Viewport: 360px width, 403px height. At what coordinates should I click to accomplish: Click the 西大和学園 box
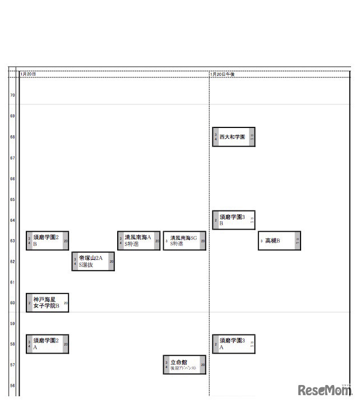234,137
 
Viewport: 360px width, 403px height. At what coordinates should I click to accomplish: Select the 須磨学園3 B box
234,220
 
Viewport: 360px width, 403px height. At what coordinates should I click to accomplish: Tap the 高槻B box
279,241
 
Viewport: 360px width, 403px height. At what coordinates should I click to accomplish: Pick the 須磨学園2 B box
47,241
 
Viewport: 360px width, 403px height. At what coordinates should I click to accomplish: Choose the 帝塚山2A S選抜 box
93,262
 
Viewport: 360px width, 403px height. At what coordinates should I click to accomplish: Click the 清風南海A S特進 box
139,241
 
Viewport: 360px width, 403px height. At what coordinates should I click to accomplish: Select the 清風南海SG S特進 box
184,241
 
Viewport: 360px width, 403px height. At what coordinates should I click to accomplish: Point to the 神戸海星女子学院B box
47,303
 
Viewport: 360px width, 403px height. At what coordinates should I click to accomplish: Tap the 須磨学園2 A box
47,344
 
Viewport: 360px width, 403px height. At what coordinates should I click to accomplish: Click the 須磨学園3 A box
234,344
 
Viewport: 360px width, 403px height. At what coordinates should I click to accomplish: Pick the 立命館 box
184,365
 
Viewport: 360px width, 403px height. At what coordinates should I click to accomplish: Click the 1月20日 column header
28,74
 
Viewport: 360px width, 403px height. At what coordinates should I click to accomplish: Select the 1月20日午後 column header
222,74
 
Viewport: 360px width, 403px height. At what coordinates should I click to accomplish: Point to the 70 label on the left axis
12,95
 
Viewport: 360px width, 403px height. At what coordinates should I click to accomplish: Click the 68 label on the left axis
12,137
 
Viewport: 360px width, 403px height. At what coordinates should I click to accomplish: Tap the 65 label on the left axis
12,199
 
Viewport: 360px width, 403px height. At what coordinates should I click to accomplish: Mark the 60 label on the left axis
12,303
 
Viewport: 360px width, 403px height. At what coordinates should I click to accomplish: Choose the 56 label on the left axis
12,386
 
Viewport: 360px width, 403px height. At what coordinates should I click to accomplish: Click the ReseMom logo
324,390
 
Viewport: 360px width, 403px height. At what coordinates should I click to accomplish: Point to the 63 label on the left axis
12,241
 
